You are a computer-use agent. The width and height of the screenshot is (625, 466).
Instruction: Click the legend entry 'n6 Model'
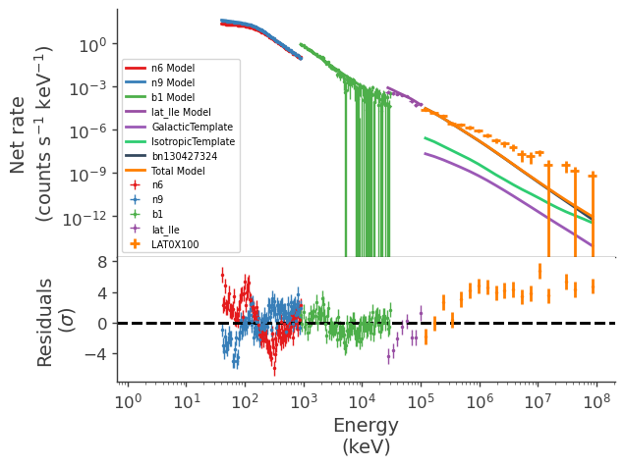(x=173, y=68)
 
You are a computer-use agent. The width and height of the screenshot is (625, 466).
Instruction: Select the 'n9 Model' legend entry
(x=173, y=82)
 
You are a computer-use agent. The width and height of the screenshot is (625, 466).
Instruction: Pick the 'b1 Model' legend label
(x=173, y=97)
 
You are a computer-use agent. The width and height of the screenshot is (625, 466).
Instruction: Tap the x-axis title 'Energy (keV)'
(x=366, y=436)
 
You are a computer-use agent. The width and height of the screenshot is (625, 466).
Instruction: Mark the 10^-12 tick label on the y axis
(x=86, y=217)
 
